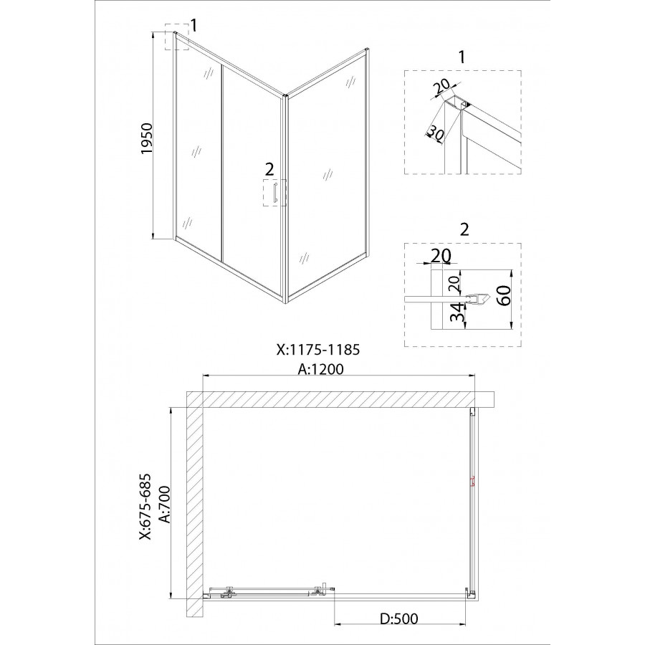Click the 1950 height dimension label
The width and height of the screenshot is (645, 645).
pos(147,138)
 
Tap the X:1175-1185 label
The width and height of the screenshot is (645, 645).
pos(318,349)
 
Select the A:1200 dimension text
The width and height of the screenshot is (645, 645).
pos(321,369)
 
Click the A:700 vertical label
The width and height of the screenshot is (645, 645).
pos(165,505)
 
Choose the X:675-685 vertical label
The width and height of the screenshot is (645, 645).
pos(145,507)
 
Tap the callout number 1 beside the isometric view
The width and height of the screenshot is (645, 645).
pos(193,25)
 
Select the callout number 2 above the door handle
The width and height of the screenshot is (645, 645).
pos(269,169)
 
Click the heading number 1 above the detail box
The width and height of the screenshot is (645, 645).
pos(462,57)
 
